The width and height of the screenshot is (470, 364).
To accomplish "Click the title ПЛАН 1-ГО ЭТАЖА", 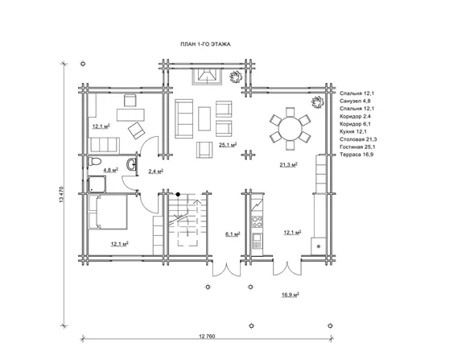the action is [x=205, y=44].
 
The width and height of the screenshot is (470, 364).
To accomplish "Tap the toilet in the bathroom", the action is [x=94, y=161].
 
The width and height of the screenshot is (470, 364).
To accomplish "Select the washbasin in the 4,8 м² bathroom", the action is [x=132, y=164].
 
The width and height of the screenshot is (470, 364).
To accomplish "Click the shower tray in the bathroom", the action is [x=97, y=184].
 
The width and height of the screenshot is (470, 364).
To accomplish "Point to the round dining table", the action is [x=290, y=129].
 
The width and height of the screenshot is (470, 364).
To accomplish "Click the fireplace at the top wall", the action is [x=207, y=77].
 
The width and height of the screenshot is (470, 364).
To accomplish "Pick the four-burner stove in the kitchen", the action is [x=258, y=222].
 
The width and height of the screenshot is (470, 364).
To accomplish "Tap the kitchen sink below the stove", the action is [x=258, y=242].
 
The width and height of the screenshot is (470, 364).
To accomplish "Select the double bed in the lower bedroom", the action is [x=108, y=212].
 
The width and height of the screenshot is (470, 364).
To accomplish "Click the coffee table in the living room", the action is [x=204, y=118].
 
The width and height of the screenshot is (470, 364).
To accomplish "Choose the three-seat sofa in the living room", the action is [x=184, y=119].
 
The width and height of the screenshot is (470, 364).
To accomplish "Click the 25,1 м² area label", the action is [x=228, y=145].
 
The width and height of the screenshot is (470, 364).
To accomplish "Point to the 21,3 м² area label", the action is [x=288, y=164].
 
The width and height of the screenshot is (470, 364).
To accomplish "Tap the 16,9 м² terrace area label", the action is [x=291, y=295].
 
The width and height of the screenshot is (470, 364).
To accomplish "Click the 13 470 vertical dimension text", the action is [x=62, y=195].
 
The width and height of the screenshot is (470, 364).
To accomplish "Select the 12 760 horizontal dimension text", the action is [x=207, y=336].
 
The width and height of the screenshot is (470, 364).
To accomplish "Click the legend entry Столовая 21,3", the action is [x=358, y=139].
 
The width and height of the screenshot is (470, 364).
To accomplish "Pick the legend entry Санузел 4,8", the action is [x=355, y=101].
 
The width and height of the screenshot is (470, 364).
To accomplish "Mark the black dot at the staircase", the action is [x=178, y=194].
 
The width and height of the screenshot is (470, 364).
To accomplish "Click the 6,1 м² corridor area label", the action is [x=233, y=234].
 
